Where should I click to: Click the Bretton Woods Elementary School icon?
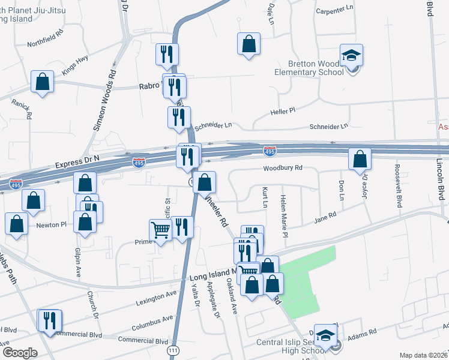click(x=351, y=56)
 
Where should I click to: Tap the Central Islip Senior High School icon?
click(x=325, y=336)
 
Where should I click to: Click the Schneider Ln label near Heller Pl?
click(x=328, y=127)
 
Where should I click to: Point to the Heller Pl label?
click(x=283, y=111)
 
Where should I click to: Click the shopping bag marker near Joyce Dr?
click(x=360, y=160)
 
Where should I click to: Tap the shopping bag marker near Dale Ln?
click(x=249, y=44)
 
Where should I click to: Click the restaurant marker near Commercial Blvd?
click(x=49, y=320)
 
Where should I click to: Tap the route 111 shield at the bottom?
click(x=173, y=350)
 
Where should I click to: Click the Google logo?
click(x=20, y=353)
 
